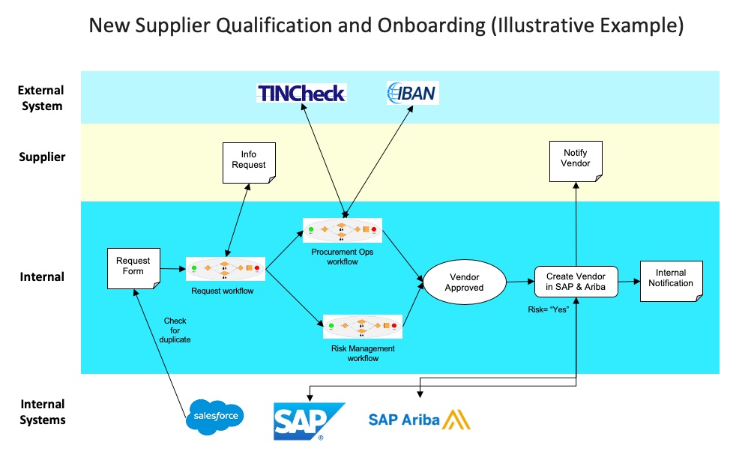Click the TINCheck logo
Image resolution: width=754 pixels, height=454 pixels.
pos(301,94)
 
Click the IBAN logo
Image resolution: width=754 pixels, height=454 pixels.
pos(412,93)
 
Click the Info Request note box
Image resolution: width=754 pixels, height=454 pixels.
pos(248,160)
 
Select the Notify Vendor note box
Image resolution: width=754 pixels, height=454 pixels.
pos(576,159)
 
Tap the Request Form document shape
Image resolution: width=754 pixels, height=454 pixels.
pos(133,266)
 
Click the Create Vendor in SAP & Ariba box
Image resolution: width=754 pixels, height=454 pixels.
pos(576,282)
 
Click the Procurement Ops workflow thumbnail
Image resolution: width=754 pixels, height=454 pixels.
pos(343,230)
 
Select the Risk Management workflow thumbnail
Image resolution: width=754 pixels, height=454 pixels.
pos(362,326)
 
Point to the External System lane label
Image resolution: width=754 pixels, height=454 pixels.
pos(40,98)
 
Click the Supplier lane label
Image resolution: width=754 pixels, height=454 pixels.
pos(42,157)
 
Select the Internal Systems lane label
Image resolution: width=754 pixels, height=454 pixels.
pos(42,412)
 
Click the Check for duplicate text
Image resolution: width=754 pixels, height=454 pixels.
pos(175,330)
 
